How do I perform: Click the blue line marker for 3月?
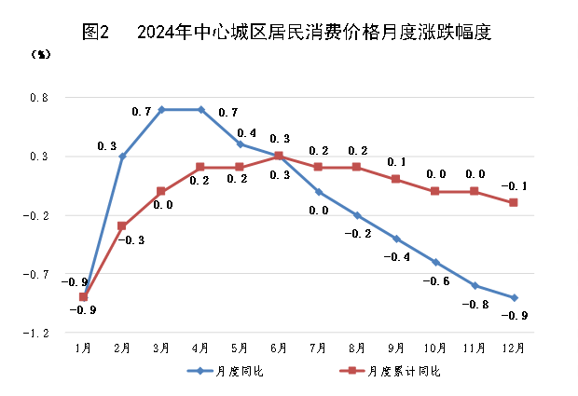pyautogui.click(x=161, y=109)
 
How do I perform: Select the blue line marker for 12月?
pyautogui.click(x=514, y=297)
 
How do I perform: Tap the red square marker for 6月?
pyautogui.click(x=279, y=156)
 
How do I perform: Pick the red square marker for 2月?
pyautogui.click(x=122, y=225)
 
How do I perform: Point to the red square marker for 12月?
pyautogui.click(x=514, y=202)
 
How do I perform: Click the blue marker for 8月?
pyautogui.click(x=357, y=215)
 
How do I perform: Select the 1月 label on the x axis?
pyautogui.click(x=83, y=348)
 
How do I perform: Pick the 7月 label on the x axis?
pyautogui.click(x=318, y=348)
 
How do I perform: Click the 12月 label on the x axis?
pyautogui.click(x=514, y=348)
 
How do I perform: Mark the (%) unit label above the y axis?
pyautogui.click(x=41, y=54)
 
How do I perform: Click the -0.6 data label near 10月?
pyautogui.click(x=436, y=280)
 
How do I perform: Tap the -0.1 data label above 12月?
pyautogui.click(x=514, y=186)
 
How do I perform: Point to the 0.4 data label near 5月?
pyautogui.click(x=247, y=132)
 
